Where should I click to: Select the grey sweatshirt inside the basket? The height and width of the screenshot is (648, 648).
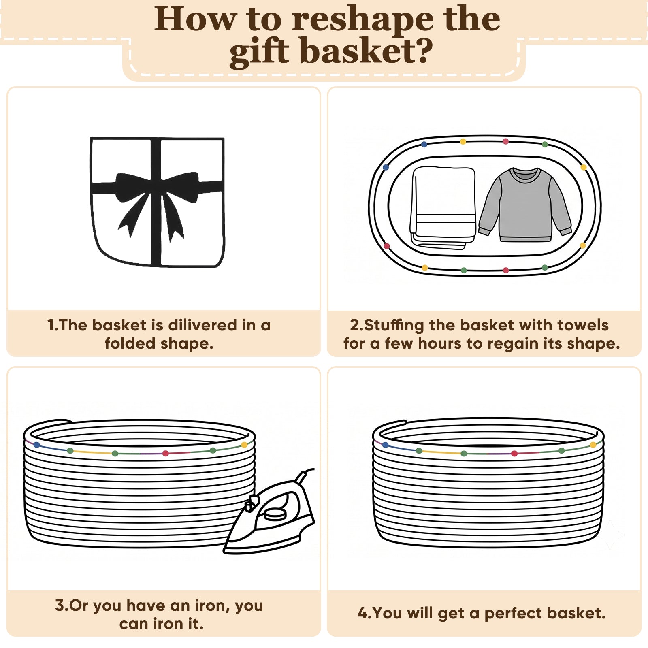(525, 205)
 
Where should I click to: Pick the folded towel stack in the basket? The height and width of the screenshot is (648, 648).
(443, 207)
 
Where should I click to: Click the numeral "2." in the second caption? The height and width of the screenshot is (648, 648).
(356, 325)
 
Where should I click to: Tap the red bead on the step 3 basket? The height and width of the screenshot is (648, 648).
(166, 453)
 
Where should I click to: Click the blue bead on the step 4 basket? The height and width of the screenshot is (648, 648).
(386, 445)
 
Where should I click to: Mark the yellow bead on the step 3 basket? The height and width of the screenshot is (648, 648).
(244, 445)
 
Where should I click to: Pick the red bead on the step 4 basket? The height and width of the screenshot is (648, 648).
(514, 454)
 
